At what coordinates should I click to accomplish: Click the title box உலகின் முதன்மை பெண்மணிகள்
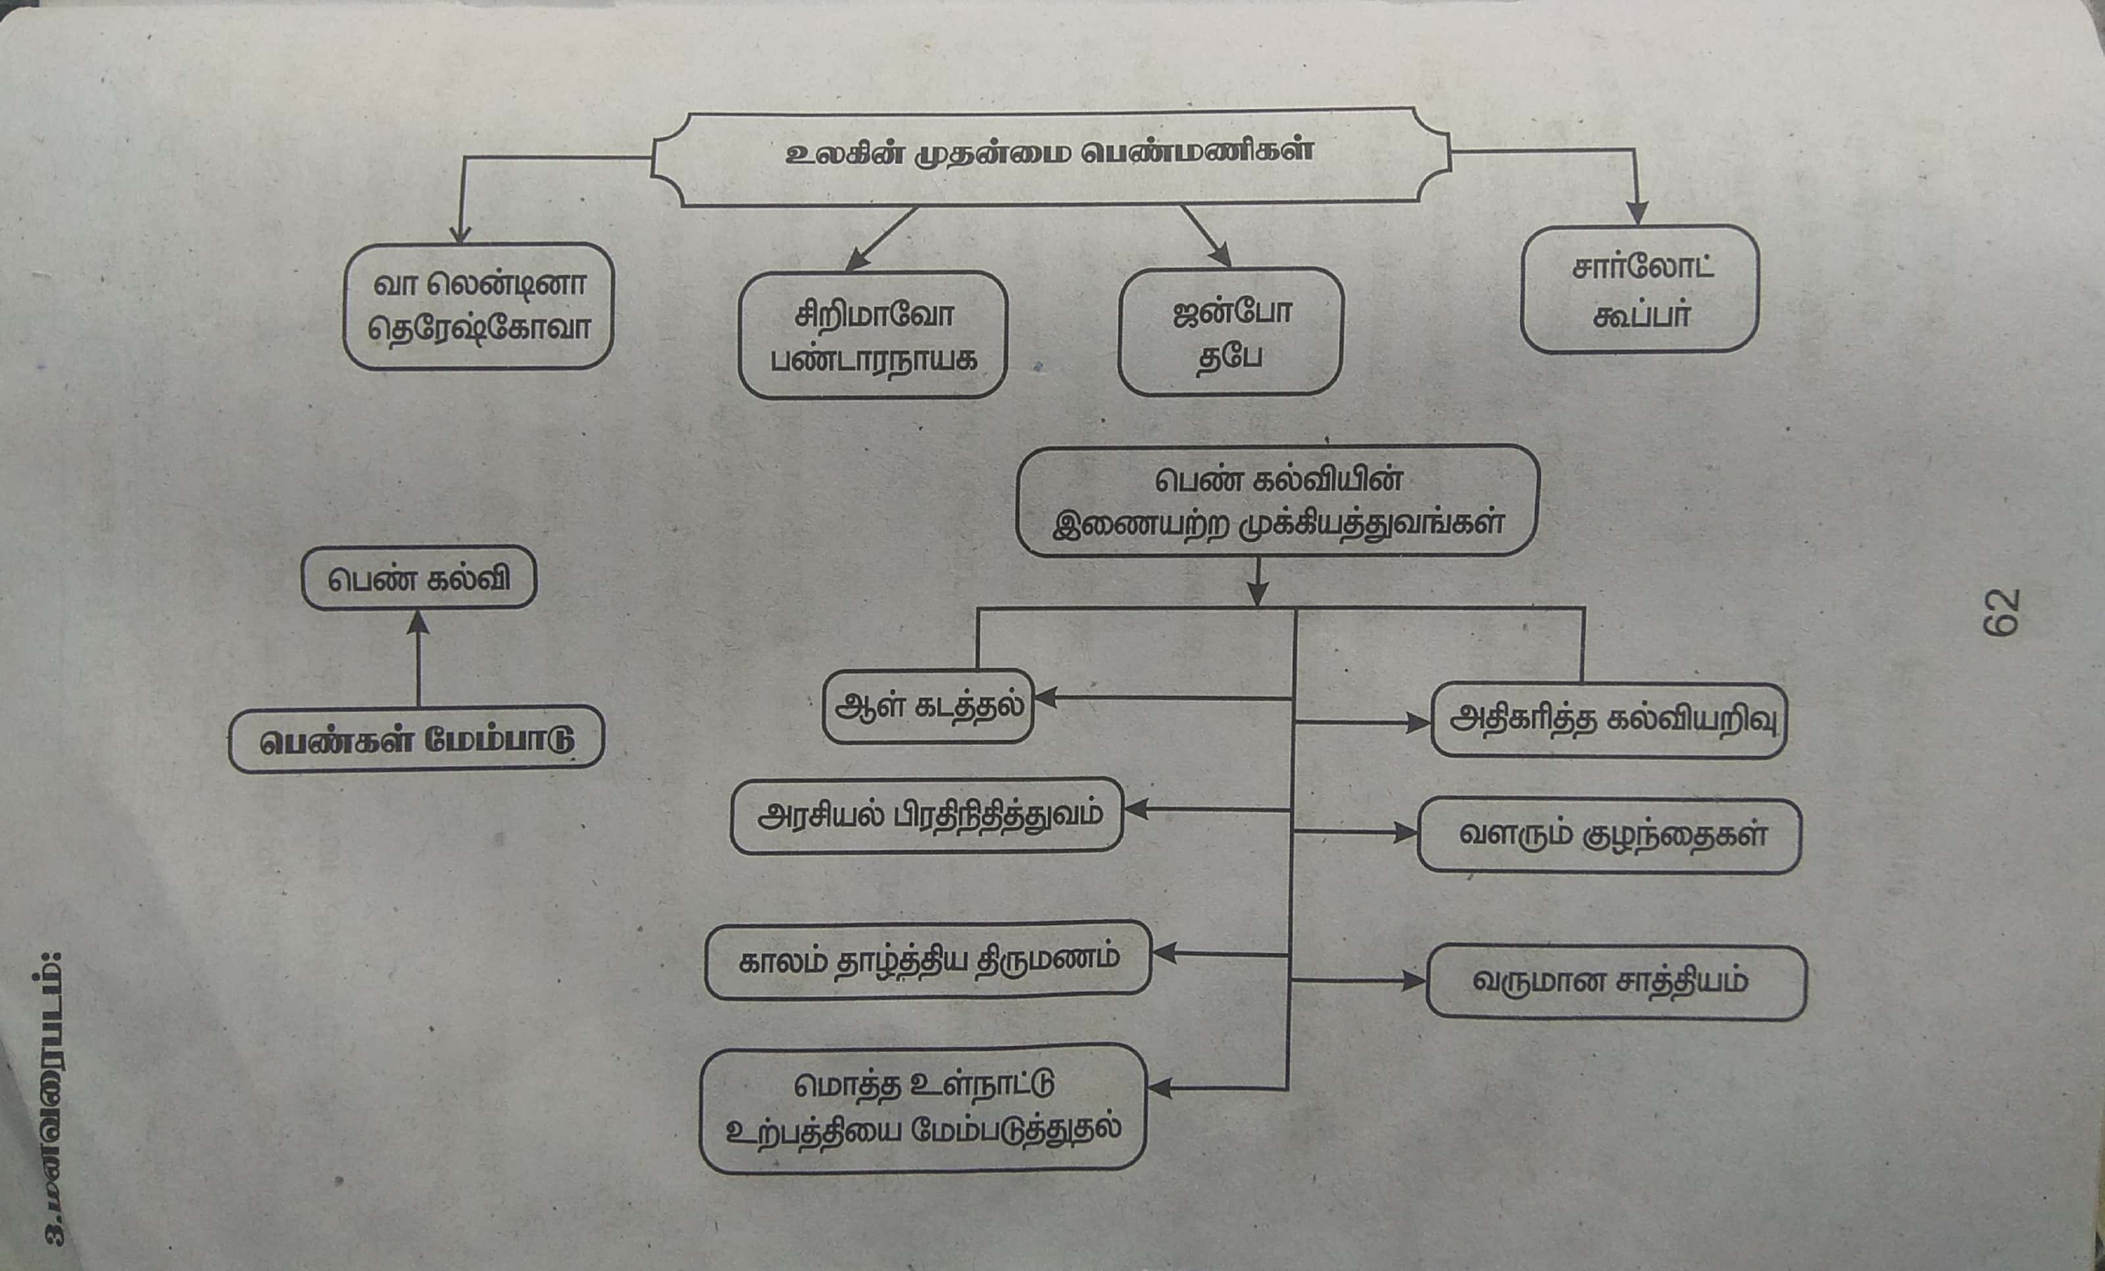click(x=1050, y=157)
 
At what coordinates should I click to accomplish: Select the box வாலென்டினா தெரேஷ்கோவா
click(x=478, y=307)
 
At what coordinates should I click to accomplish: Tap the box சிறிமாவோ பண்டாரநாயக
click(x=873, y=336)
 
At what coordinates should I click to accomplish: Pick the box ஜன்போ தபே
click(x=1230, y=332)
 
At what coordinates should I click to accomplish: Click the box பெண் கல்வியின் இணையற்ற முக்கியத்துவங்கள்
click(x=1277, y=501)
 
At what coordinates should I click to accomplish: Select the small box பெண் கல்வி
click(x=418, y=579)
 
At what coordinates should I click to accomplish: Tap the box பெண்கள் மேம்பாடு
click(x=416, y=739)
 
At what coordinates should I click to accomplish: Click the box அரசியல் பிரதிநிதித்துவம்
click(x=927, y=816)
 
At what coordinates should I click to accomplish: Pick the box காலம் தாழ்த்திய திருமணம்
click(x=929, y=959)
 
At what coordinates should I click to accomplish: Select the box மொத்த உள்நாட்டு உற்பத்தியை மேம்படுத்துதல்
click(x=923, y=1109)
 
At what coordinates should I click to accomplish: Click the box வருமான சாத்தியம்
click(x=1616, y=982)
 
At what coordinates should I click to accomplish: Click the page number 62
click(x=2002, y=612)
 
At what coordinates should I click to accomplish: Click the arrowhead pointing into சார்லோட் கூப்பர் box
click(x=1637, y=214)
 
